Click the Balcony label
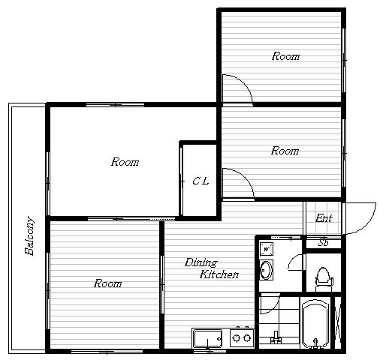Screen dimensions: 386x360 point(29,235)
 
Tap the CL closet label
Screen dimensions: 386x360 point(201,181)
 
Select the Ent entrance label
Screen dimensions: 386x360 point(324,218)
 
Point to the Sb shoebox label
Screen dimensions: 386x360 point(323,242)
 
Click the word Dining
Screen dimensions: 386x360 point(201,262)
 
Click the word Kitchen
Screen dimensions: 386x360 point(219,274)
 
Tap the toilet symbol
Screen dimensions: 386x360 point(324,279)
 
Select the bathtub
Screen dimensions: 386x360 point(315,324)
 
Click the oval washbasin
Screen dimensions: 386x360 point(266,270)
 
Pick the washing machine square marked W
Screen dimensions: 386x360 point(267,249)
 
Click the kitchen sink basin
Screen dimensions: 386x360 point(208,338)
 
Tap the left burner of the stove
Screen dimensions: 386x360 point(236,338)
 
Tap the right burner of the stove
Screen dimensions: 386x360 point(247,338)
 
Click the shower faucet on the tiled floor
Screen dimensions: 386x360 point(276,337)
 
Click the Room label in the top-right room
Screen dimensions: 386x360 point(285,56)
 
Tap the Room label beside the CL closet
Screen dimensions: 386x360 point(125,162)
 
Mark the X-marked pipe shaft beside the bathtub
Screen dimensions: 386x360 point(338,323)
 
